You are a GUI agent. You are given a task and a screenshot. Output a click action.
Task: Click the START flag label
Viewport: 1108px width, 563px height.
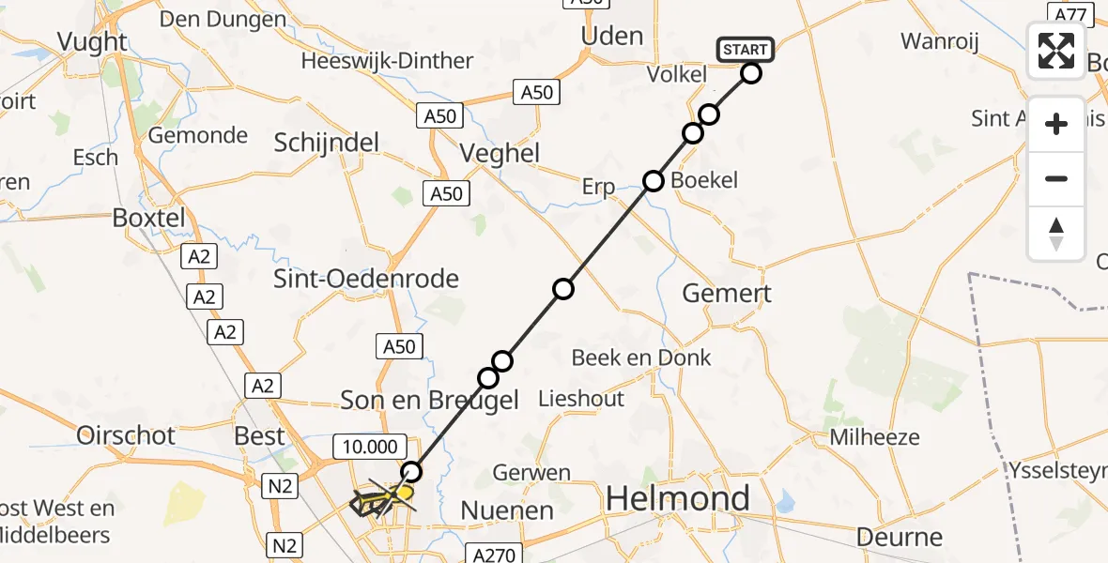746,50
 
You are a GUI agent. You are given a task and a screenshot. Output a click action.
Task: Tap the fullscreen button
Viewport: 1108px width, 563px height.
1056,51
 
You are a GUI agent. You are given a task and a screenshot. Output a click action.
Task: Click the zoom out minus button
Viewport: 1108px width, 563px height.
1056,178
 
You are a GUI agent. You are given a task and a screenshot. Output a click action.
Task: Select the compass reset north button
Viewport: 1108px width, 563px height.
1056,234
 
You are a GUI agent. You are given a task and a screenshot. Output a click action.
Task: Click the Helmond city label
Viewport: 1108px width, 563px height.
678,498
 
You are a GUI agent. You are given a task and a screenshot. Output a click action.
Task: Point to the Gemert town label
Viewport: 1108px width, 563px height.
727,293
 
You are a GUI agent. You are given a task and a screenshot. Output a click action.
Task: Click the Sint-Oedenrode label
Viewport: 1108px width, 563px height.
366,279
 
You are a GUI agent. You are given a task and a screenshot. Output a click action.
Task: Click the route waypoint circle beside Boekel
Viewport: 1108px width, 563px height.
654,180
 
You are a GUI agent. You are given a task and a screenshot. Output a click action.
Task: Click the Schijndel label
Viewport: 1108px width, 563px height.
327,143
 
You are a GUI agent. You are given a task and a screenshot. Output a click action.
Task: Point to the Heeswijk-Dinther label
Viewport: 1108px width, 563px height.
387,61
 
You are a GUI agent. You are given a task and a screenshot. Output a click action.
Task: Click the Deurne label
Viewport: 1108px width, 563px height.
900,538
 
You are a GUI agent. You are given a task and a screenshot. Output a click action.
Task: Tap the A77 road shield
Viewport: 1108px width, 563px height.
1070,15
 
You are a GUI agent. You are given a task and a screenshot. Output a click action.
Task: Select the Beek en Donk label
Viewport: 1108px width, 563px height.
642,358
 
